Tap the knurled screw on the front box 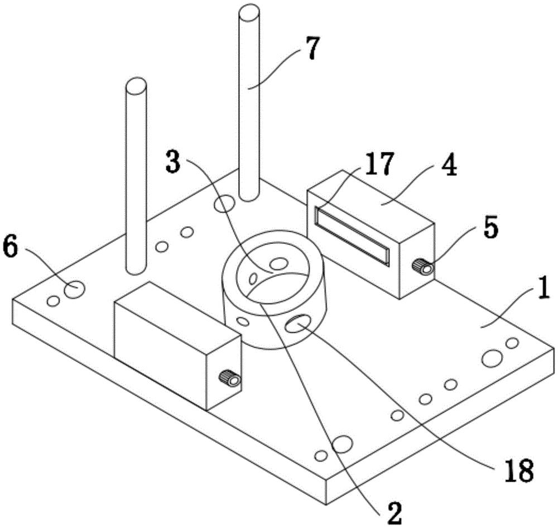tap(230, 380)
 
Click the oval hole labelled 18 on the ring tap(297, 324)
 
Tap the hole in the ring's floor tap(277, 263)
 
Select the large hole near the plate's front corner tap(342, 444)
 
